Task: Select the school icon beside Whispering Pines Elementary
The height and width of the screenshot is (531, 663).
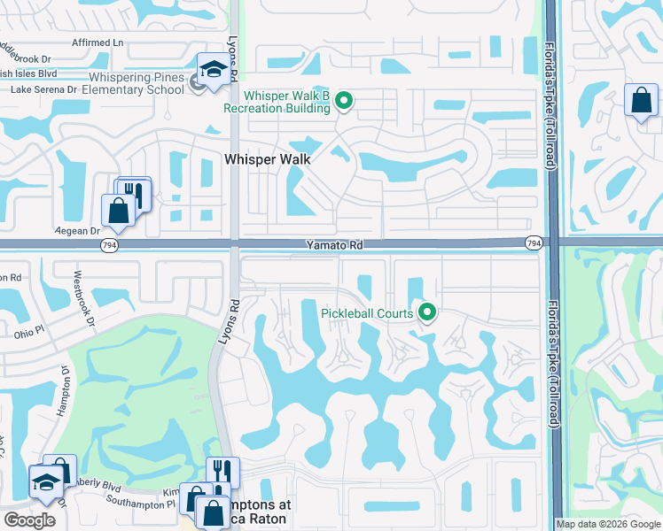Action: (214, 71)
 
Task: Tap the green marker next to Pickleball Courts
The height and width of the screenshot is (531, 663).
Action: (427, 312)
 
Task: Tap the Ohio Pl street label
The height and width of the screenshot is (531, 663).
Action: (29, 335)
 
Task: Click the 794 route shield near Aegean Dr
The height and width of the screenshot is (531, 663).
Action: (109, 246)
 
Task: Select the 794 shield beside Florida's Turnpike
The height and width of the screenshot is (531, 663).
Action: (534, 242)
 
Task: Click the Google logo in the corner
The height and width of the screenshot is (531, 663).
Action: (29, 520)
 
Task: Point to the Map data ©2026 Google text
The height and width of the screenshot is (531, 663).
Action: (608, 524)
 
